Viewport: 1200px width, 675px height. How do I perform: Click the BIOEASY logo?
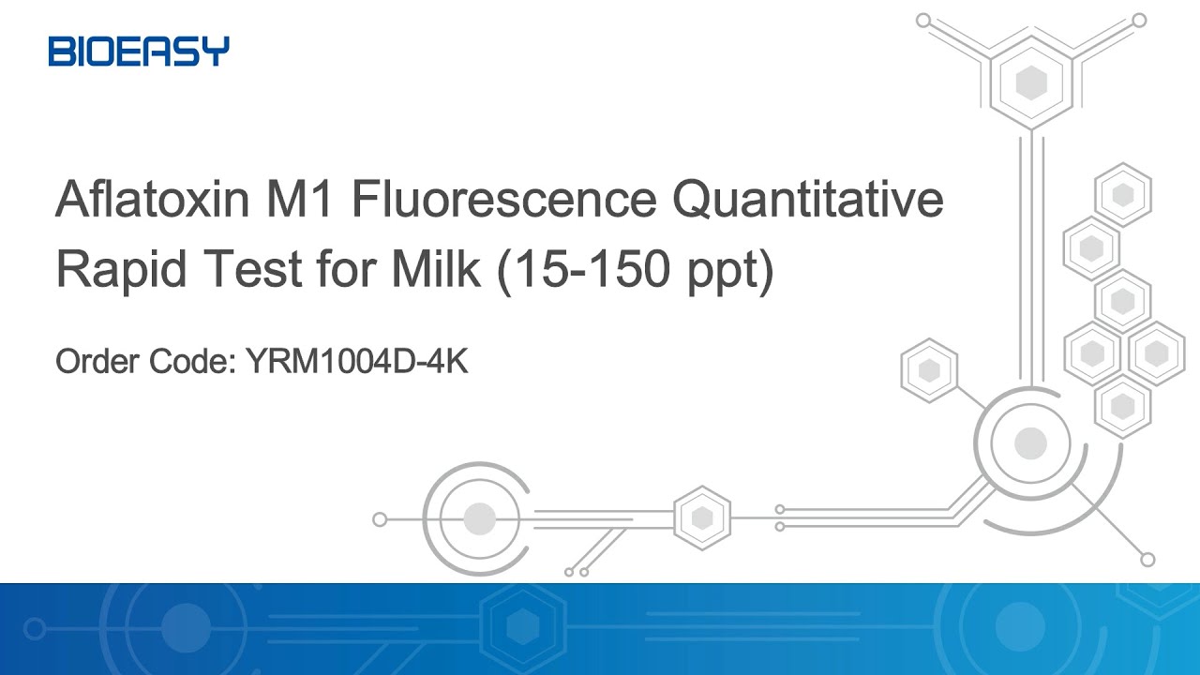point(139,51)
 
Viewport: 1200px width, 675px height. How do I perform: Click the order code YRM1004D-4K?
point(356,361)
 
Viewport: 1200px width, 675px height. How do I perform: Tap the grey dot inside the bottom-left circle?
point(479,518)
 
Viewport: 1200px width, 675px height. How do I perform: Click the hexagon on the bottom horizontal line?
point(702,518)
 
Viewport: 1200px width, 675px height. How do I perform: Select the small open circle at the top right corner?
point(1139,19)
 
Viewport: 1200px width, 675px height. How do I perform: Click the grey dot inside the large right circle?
point(1030,442)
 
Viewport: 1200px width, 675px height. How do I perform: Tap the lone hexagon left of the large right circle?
point(929,370)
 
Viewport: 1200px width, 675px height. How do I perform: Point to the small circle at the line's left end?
point(380,518)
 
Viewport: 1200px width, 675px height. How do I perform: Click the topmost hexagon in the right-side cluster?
point(1122,195)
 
